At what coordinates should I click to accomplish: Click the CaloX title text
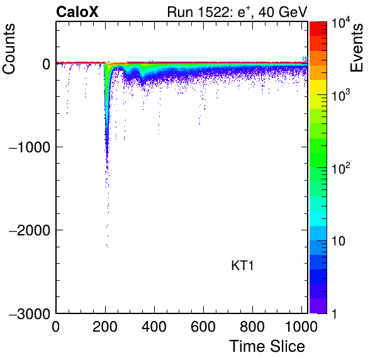77,12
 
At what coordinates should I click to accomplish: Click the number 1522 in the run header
213,12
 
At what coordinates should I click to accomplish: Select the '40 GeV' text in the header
283,12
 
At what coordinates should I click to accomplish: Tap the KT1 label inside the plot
242,266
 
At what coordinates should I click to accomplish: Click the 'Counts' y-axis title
9,49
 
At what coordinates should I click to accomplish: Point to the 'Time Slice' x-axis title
267,346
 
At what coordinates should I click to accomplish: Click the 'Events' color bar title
356,48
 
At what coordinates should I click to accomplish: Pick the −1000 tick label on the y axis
30,147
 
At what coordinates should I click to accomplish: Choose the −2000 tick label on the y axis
30,230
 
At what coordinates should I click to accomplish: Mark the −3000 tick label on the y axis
30,313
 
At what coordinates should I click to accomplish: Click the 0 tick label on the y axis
46,64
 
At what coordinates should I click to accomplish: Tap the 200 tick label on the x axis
105,326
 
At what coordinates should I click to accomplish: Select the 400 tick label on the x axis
154,326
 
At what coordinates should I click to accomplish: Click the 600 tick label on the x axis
203,326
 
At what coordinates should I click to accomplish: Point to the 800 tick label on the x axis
252,326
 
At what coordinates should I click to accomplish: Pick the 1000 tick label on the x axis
301,326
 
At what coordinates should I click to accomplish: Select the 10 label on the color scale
339,241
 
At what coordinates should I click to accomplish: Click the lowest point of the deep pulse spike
108,247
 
